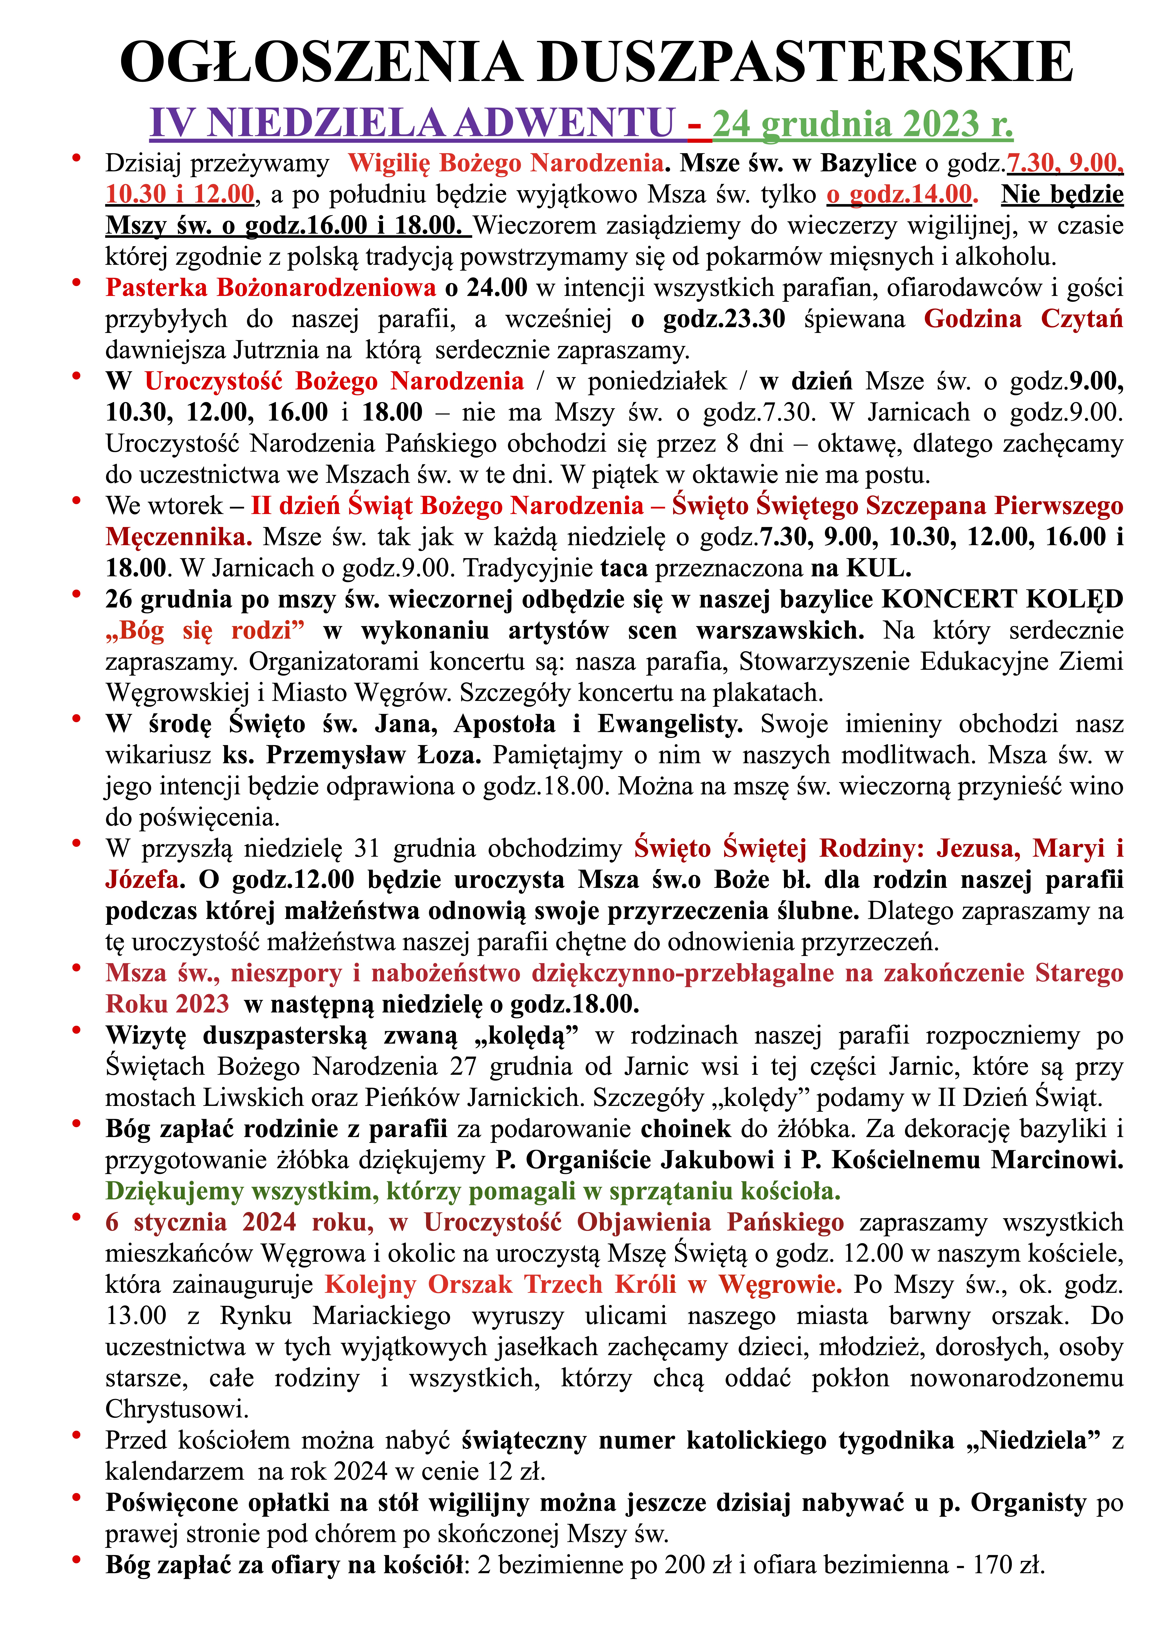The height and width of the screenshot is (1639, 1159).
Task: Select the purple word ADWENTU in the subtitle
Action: (564, 123)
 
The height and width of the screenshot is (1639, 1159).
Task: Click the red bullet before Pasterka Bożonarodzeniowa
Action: (76, 283)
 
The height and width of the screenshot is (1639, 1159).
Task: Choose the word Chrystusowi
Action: (176, 1409)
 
